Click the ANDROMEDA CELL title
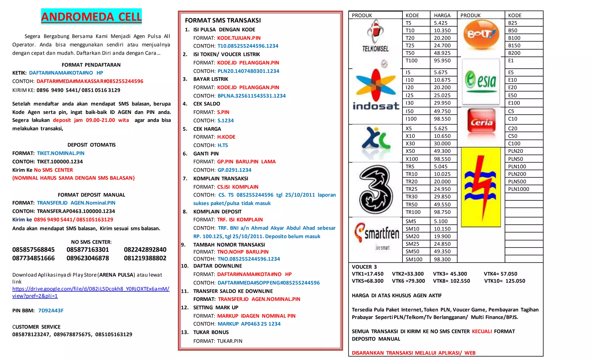click(x=91, y=17)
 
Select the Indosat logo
click(x=376, y=90)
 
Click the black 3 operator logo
click(x=376, y=189)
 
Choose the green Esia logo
click(x=481, y=81)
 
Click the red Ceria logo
click(x=481, y=123)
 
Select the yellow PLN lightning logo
click(x=481, y=187)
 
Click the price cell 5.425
click(x=440, y=23)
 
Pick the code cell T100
click(x=411, y=61)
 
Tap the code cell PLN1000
click(x=518, y=189)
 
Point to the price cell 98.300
click(x=442, y=259)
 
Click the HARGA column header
click(x=442, y=15)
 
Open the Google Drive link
click(x=91, y=292)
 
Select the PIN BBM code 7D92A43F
click(x=51, y=310)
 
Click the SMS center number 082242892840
click(x=145, y=250)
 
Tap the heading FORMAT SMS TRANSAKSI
click(x=223, y=20)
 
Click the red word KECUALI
click(x=482, y=331)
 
